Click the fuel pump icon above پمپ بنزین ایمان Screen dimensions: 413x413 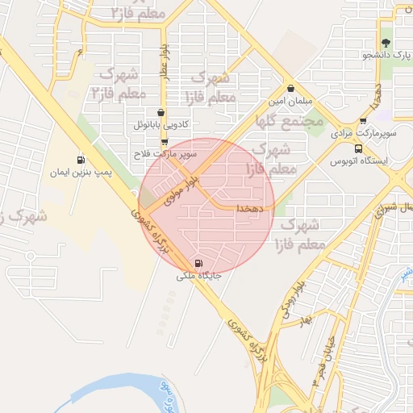(80, 161)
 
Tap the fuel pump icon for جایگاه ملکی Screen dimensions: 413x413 (199, 263)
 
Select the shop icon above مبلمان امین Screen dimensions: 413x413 (290, 89)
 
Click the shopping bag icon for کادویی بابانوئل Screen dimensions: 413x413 (161, 114)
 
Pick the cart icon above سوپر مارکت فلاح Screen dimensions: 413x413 (165, 141)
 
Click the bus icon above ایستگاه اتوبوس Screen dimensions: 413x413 (358, 148)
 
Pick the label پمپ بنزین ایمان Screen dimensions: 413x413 (80, 173)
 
